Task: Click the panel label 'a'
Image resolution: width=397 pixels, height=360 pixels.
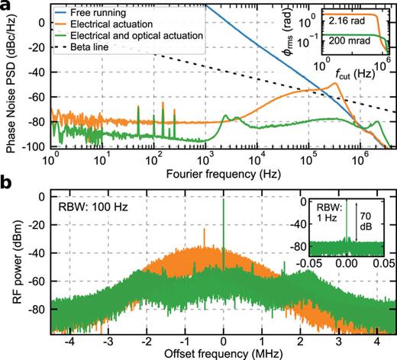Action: pos(8,8)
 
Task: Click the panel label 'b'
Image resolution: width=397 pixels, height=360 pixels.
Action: pos(8,185)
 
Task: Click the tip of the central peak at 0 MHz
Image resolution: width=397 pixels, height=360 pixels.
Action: pos(223,198)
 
